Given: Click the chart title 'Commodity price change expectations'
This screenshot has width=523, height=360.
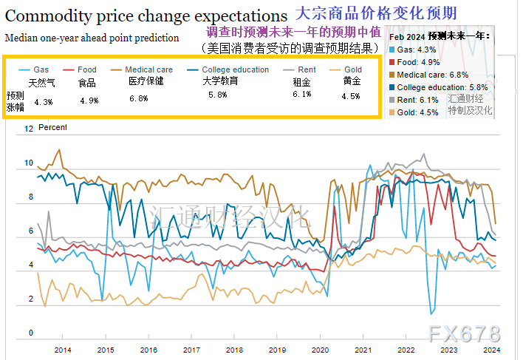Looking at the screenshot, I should [x=146, y=15].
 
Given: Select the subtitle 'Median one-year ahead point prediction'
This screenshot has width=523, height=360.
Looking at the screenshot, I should [x=92, y=38].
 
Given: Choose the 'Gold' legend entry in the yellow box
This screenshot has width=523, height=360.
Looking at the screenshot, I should [x=352, y=69].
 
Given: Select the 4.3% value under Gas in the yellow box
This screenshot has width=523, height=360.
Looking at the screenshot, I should [x=44, y=102].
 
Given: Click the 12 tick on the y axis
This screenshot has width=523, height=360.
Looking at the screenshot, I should [x=29, y=129].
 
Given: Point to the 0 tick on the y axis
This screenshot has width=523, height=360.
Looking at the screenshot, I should [x=31, y=333].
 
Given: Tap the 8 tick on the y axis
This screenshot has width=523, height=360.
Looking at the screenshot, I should [x=31, y=197].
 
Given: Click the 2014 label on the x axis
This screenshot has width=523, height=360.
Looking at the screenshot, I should [x=63, y=350].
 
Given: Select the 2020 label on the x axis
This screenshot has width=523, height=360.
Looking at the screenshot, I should [x=320, y=350].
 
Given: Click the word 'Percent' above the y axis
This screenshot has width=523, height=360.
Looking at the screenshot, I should [x=52, y=128].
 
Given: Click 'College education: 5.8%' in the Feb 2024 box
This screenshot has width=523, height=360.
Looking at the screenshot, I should [x=442, y=87].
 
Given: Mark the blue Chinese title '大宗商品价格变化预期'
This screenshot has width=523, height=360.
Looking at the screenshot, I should [x=375, y=13].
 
